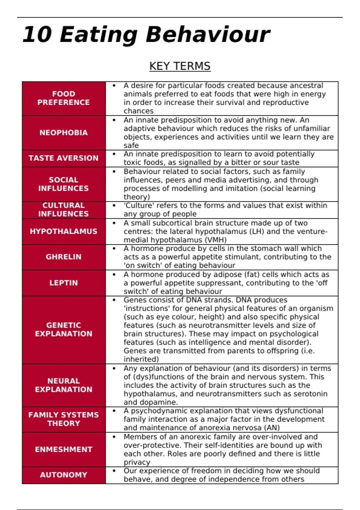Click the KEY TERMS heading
point(180,66)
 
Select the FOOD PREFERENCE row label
point(64,98)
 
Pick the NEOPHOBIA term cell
point(64,133)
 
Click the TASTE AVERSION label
point(64,158)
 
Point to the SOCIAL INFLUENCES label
point(64,184)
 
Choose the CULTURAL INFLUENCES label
point(64,209)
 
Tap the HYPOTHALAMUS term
point(64,231)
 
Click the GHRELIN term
point(64,257)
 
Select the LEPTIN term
point(64,283)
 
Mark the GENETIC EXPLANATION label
point(64,329)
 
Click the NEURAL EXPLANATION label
point(64,385)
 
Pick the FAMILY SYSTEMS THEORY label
point(64,419)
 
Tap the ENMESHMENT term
point(64,449)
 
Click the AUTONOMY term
point(64,475)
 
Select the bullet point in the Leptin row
point(114,274)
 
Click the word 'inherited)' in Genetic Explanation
point(141,359)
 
